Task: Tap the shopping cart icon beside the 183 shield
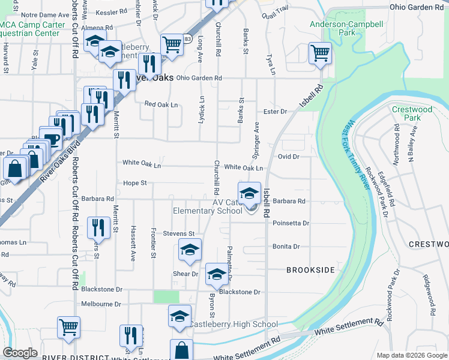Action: click(x=172, y=44)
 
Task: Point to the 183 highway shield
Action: click(x=188, y=39)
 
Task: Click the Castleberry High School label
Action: click(x=234, y=325)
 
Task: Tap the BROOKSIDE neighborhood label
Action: click(x=310, y=270)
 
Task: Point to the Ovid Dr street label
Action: click(x=288, y=157)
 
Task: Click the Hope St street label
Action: click(x=135, y=182)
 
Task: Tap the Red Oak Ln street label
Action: click(x=161, y=104)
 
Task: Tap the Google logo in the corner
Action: click(x=20, y=353)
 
